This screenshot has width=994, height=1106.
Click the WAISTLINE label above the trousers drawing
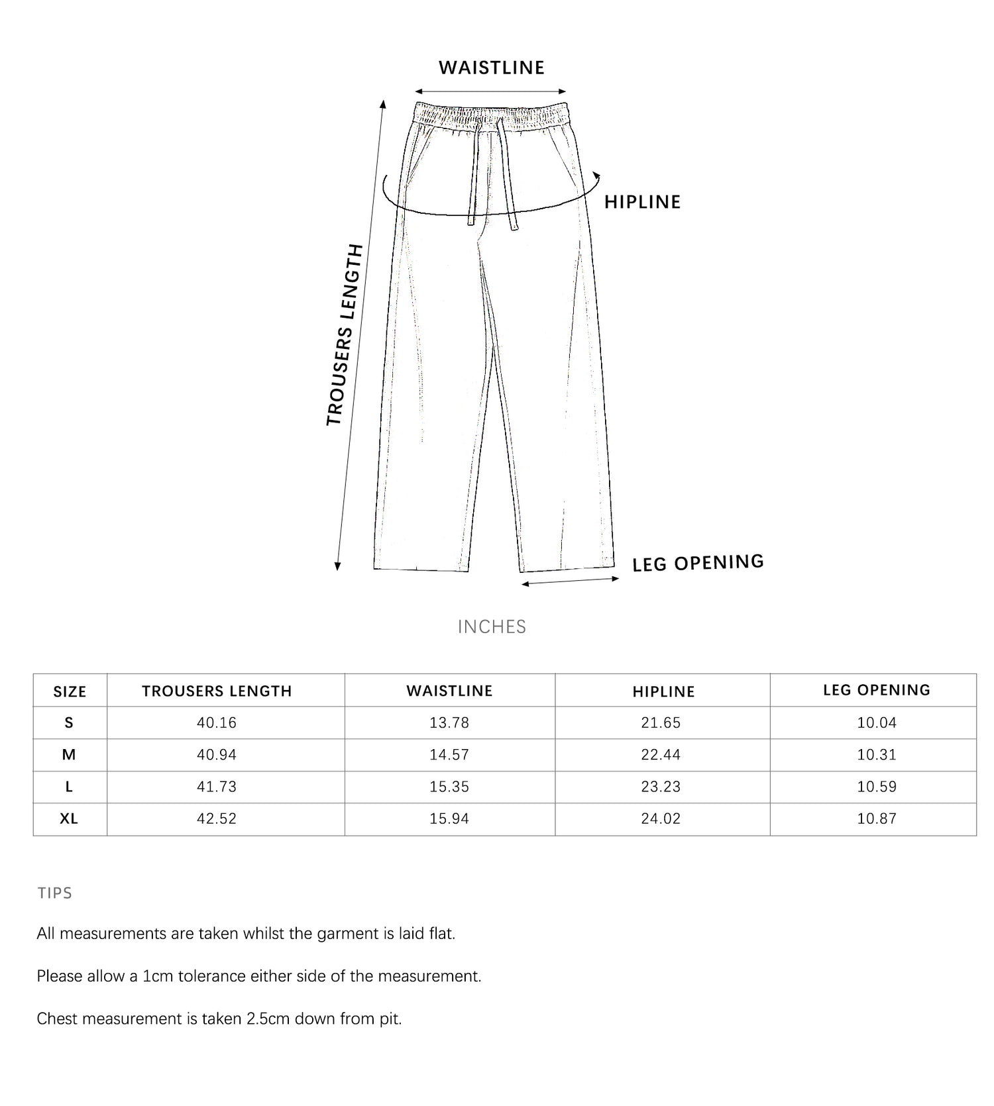click(491, 68)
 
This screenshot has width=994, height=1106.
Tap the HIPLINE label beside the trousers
click(642, 202)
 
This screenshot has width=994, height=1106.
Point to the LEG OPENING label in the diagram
click(698, 563)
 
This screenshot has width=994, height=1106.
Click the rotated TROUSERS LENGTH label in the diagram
click(345, 335)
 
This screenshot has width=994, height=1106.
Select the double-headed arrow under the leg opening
click(570, 581)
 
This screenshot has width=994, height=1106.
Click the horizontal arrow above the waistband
click(490, 91)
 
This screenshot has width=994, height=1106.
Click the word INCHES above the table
click(492, 627)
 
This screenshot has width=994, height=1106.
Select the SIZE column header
click(70, 691)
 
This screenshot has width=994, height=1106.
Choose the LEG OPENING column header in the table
click(876, 690)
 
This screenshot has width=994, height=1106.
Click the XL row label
click(69, 819)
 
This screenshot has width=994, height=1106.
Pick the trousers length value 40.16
click(217, 723)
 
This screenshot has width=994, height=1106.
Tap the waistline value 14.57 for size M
click(449, 754)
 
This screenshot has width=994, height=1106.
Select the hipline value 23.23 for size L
click(661, 787)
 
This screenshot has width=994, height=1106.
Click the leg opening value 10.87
click(876, 819)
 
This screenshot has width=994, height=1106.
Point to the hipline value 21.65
click(661, 723)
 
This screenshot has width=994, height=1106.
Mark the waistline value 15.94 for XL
click(449, 819)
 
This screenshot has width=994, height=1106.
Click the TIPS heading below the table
click(55, 893)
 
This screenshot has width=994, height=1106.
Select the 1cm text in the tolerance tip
click(158, 976)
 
